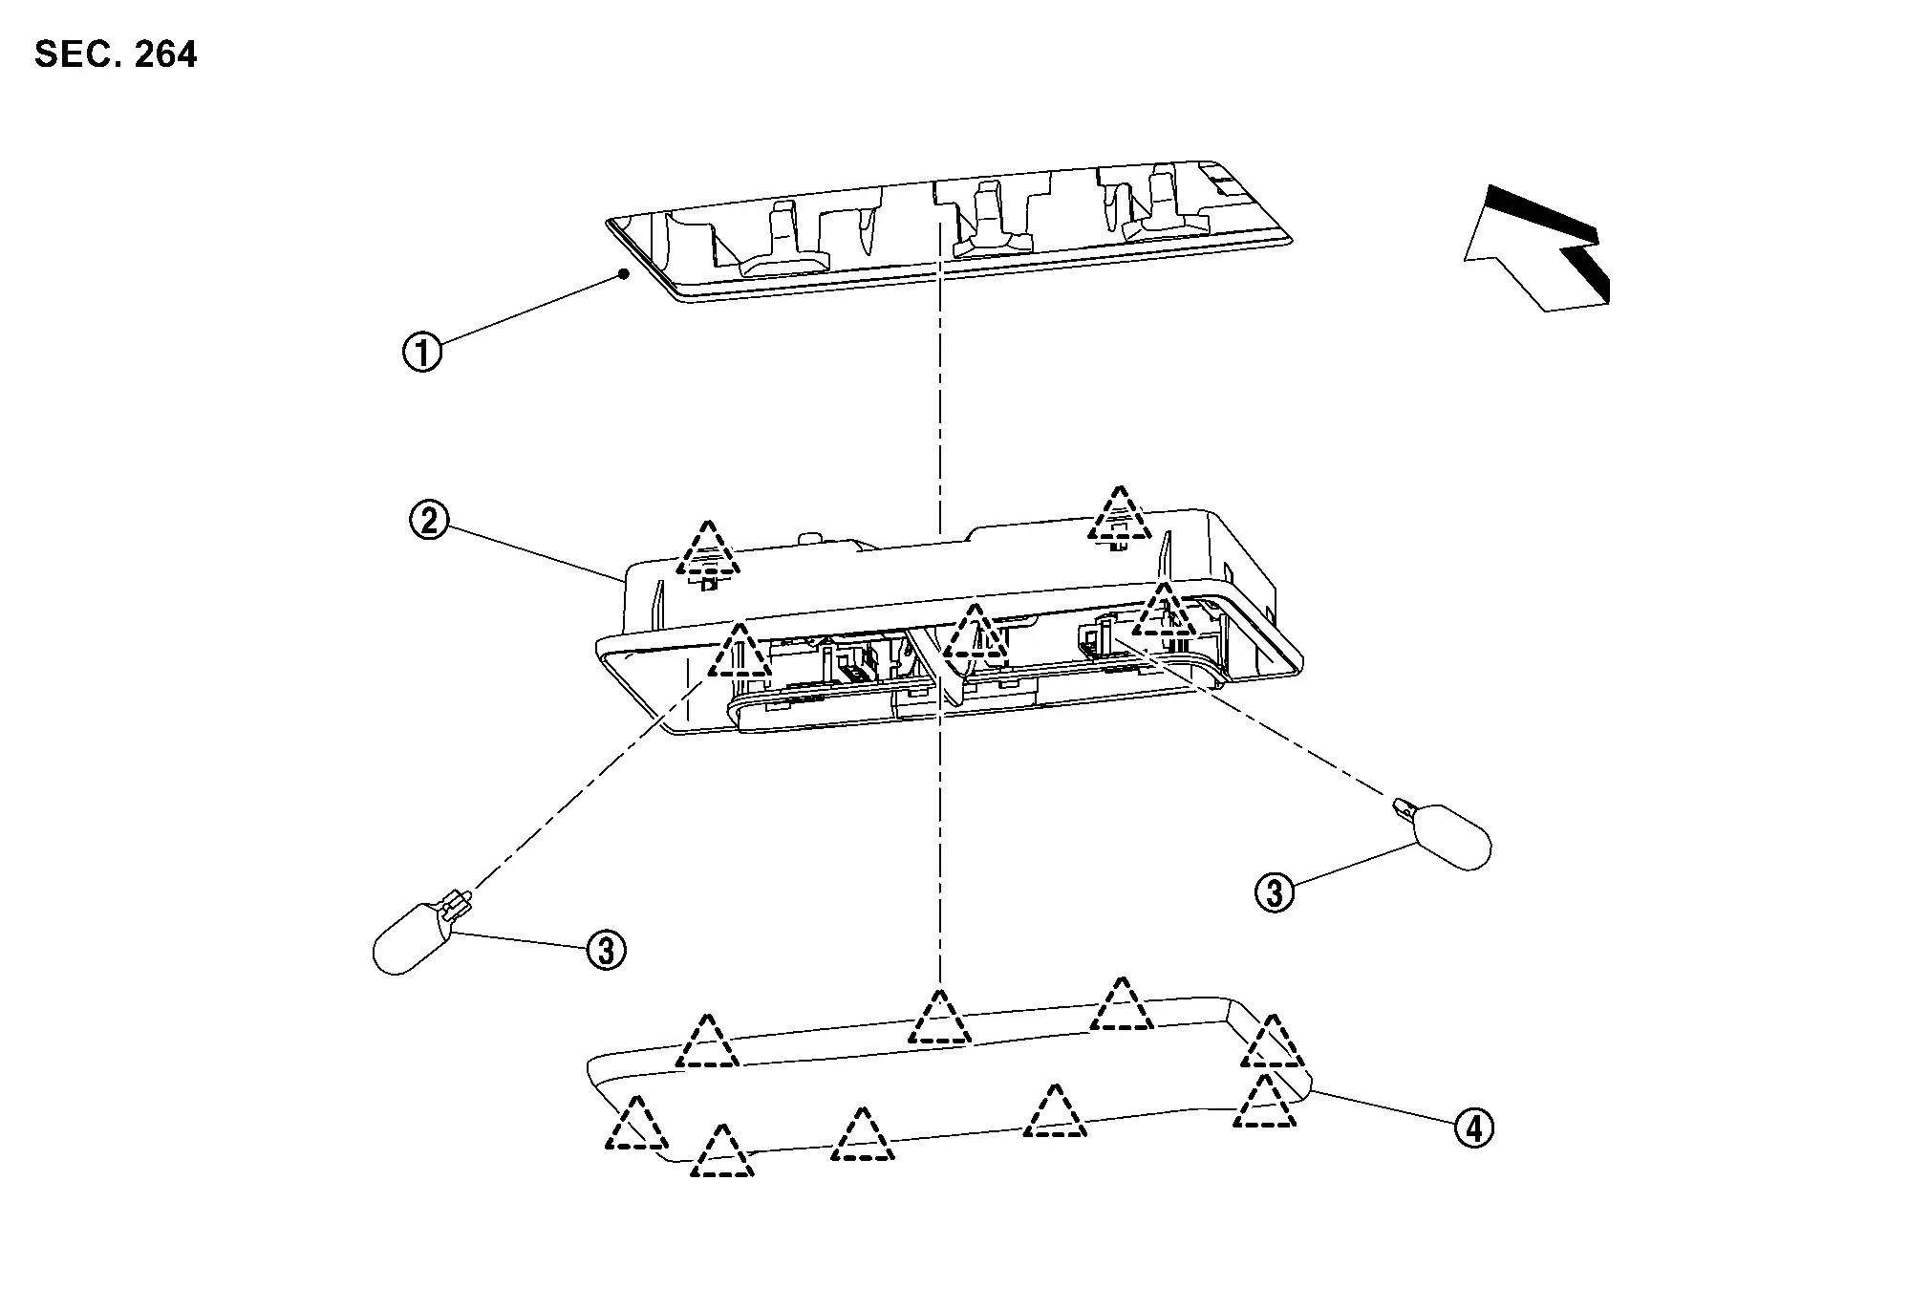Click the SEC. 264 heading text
116,54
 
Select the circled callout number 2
429,521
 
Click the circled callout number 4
1473,1128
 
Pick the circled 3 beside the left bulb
606,951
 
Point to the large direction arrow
1533,248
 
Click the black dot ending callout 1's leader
623,274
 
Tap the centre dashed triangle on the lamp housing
974,634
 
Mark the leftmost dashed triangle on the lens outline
635,1126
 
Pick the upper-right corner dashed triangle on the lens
1272,1043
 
